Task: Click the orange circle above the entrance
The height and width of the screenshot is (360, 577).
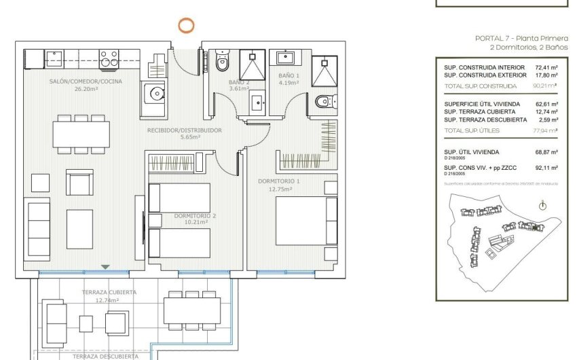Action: [185, 26]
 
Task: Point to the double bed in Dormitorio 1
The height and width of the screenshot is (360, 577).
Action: [306, 221]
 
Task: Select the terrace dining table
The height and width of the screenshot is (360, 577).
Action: [191, 311]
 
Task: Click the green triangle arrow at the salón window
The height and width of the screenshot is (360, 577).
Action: [105, 267]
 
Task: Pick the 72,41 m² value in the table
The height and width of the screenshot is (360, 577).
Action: [546, 68]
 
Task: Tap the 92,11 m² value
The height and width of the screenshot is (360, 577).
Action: [546, 167]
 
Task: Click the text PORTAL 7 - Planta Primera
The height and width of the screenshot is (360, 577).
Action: [517, 39]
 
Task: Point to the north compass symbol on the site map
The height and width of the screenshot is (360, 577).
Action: [542, 206]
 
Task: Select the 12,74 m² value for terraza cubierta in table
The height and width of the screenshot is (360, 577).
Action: [546, 111]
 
